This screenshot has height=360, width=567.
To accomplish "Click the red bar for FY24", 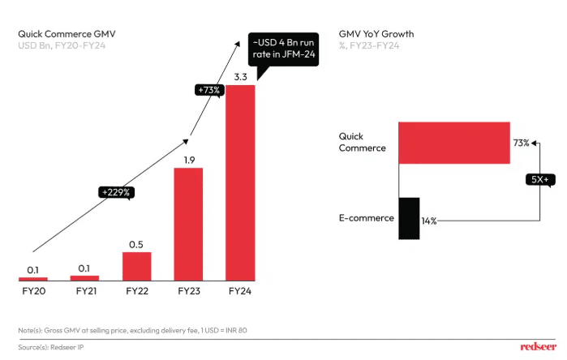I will [240, 182].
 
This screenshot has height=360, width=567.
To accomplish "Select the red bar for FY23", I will [188, 224].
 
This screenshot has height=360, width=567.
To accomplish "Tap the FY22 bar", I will [136, 266].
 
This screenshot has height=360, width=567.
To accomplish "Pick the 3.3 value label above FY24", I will [240, 77].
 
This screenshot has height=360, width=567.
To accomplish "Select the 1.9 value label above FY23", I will [188, 160].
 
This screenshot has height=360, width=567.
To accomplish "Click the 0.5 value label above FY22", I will [136, 244].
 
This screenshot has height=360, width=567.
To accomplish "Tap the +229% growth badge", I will [116, 192].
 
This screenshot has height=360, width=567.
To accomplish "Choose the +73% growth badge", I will [208, 91].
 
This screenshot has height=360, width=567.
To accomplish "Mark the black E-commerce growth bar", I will [409, 218].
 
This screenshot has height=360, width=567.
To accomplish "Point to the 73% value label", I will [521, 143].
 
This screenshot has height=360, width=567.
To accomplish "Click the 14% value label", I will [428, 221].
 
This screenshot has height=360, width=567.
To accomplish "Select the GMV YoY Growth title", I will [376, 34].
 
